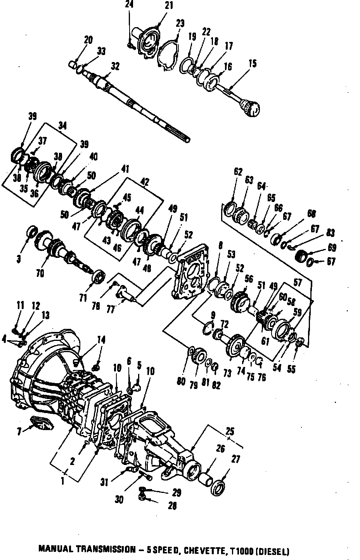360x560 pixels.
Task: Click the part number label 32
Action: point(115,67)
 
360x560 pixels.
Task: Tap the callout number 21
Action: point(169,5)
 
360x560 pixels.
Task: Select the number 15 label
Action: point(253,63)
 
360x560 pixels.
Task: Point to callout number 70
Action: point(40,273)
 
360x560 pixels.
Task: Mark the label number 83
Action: point(331,233)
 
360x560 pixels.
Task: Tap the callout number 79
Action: point(194,384)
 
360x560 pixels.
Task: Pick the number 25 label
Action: point(230,431)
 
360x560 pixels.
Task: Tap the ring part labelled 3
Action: point(31,232)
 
